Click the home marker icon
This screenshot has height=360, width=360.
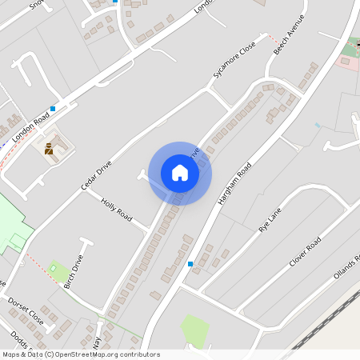pos(180,173)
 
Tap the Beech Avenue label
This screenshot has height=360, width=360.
pos(290,34)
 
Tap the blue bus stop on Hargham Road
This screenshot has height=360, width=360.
pos(190,263)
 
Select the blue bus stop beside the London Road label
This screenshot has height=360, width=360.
pos(53,109)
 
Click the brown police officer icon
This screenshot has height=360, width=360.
pos(50,148)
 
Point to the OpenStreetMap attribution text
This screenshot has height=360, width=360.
pos(81,354)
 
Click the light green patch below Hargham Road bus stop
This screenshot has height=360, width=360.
pos(194,330)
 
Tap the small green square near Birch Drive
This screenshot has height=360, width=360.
pos(55,268)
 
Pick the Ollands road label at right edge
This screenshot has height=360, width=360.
pos(347,266)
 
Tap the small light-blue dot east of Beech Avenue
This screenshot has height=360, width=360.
pos(318,126)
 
